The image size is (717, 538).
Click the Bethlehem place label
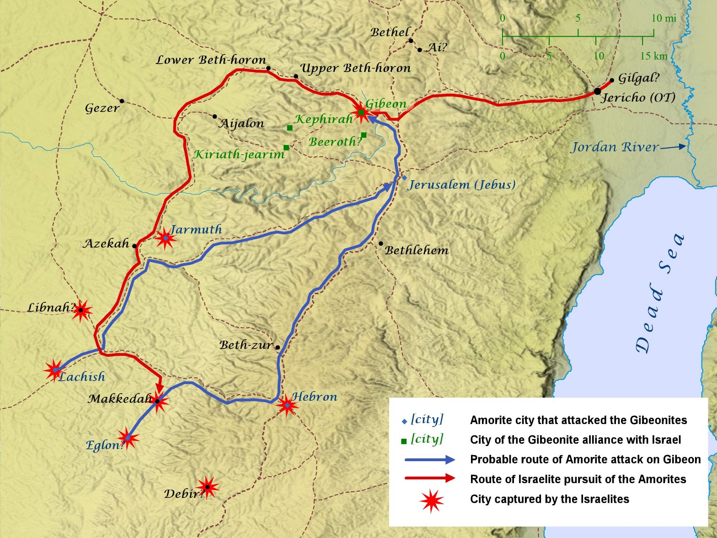417,250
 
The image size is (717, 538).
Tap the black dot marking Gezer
122,101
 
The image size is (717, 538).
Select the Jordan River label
615,147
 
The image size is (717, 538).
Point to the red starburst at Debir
207,487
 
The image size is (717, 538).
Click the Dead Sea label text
660,295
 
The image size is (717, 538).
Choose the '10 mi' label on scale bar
663,18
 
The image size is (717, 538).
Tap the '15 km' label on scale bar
653,56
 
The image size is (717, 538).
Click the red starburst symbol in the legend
432,500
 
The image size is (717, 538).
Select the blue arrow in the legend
430,460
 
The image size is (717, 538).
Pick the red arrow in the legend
430,479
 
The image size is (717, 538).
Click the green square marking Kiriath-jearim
286,147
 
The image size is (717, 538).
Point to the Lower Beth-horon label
211,60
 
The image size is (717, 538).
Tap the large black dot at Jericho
597,91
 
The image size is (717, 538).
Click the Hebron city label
315,397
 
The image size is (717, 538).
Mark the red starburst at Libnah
81,311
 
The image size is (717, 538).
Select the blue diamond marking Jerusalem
404,178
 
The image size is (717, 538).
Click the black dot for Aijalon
214,116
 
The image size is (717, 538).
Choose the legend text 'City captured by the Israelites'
549,499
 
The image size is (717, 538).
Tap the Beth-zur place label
246,345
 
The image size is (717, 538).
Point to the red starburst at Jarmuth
165,238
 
